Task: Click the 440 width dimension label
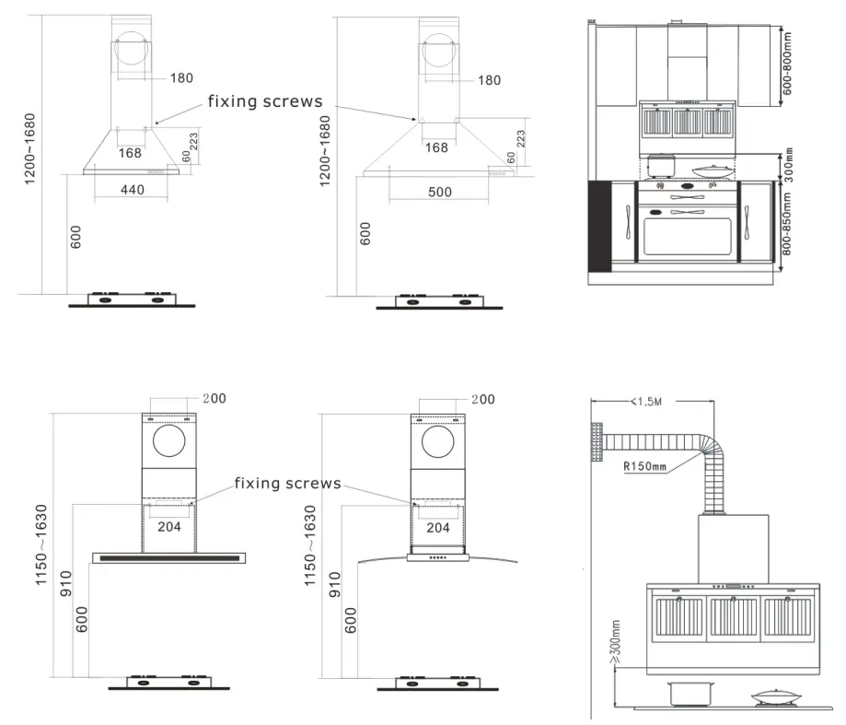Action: point(133,190)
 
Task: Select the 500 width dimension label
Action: point(440,192)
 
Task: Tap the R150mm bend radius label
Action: point(644,466)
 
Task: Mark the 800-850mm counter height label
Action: point(787,224)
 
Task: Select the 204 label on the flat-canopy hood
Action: point(168,528)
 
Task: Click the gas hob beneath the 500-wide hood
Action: point(438,299)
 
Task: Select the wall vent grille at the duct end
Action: point(597,442)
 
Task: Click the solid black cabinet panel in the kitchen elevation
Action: point(600,226)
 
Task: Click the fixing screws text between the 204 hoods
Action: point(287,484)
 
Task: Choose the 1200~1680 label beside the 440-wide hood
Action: point(30,148)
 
